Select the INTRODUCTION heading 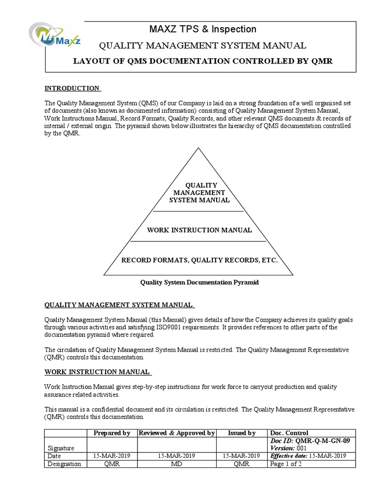72,88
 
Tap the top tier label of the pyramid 199,193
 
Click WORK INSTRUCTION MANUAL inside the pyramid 199,230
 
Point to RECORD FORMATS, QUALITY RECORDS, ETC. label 199,261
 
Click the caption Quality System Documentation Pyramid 199,282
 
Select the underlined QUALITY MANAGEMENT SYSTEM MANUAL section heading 119,305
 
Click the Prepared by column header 112,433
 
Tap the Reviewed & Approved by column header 177,433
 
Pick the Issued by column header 241,433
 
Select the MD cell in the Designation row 177,464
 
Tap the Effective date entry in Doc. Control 308,456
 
